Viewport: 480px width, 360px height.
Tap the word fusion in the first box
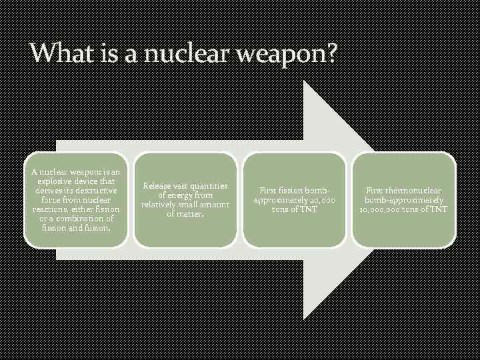(x=96, y=228)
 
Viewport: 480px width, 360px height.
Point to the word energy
(x=175, y=195)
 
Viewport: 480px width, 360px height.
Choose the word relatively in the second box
(x=161, y=205)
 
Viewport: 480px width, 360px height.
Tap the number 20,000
(x=322, y=200)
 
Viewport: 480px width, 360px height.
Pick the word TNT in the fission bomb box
(x=307, y=209)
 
